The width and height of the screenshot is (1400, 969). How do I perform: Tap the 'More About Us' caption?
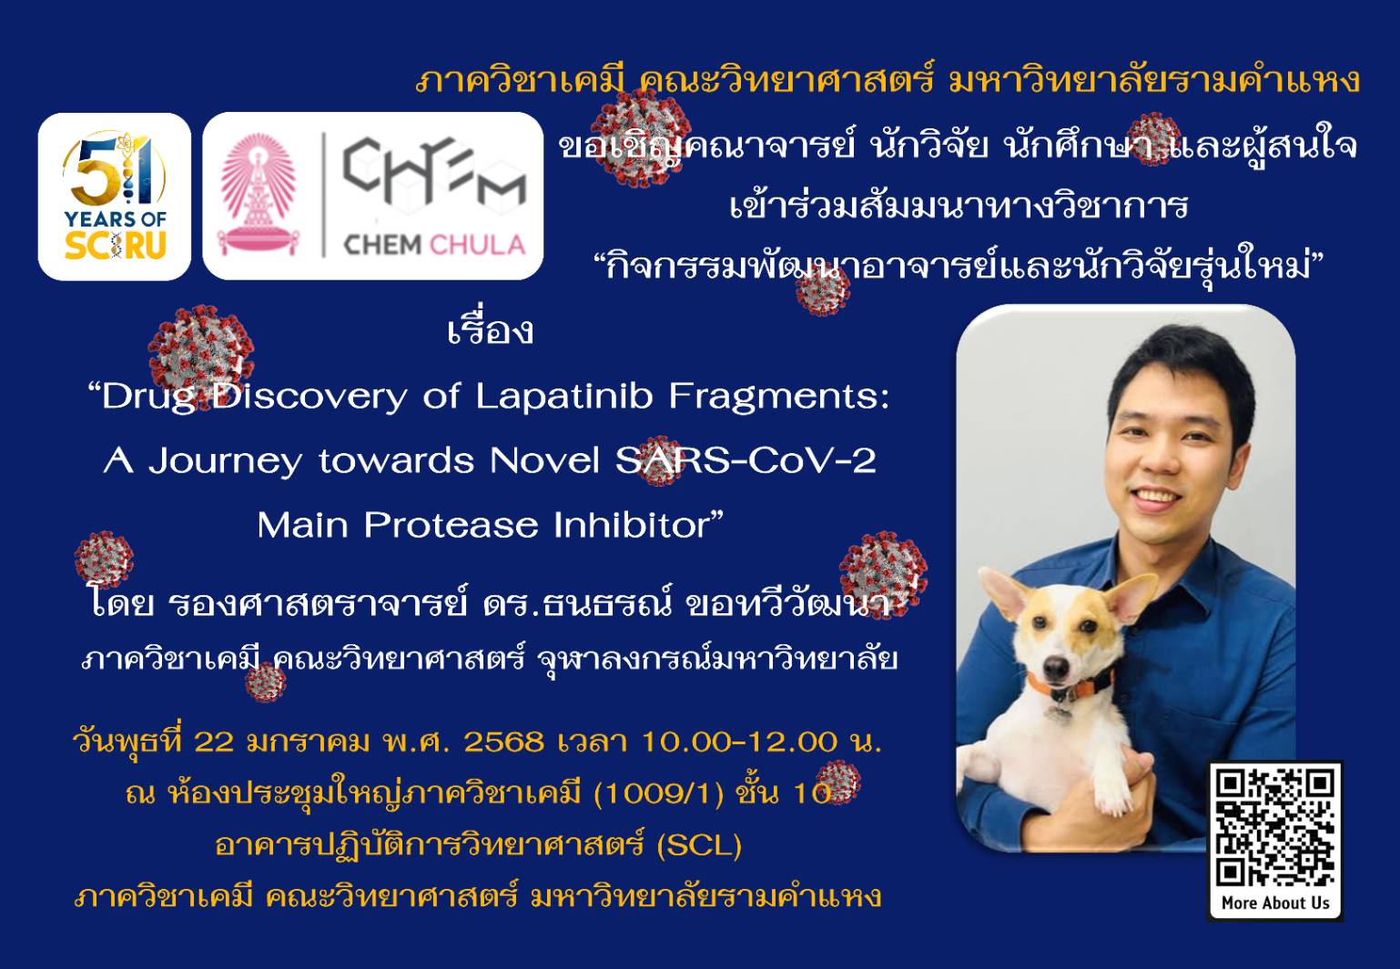point(1275,903)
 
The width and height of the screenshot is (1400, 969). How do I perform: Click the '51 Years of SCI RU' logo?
point(115,197)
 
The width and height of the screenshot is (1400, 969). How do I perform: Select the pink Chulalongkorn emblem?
point(259,195)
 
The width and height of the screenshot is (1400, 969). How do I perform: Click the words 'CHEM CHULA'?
point(434,245)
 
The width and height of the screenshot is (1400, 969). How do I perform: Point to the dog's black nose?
point(1056,669)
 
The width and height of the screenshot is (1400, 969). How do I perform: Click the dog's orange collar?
point(1070,685)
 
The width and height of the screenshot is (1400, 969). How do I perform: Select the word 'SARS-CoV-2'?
point(746,461)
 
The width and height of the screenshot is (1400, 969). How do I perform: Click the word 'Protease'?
point(451,525)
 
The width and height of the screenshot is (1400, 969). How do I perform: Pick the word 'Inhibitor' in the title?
point(633,525)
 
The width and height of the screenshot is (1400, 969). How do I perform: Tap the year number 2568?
point(503,742)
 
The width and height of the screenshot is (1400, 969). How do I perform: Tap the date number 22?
point(215,742)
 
